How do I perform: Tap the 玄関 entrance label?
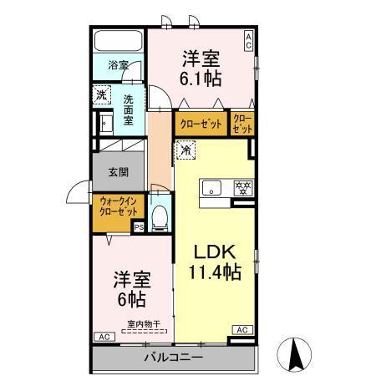118,173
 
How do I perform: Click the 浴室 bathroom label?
117,64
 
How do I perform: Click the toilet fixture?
163,215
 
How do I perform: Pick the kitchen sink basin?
211,185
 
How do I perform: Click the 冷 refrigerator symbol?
186,151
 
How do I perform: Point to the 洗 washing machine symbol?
102,94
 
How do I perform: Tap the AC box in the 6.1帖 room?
248,38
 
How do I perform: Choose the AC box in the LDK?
242,330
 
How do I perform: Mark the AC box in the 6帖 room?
104,336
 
